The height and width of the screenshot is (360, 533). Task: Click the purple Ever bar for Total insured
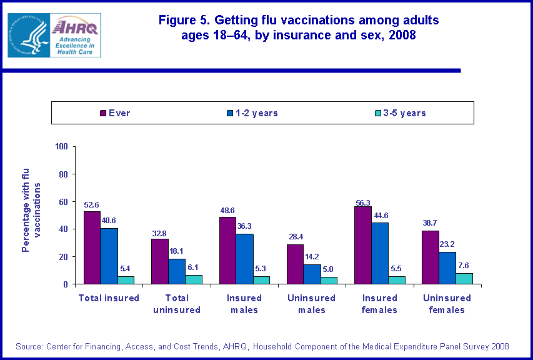pyautogui.click(x=92, y=247)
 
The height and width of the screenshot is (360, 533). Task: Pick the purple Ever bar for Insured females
pyautogui.click(x=363, y=245)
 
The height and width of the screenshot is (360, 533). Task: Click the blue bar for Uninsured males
pyautogui.click(x=312, y=274)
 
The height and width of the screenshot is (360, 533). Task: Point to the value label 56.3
pyautogui.click(x=363, y=201)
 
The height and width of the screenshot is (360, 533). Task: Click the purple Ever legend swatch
pyautogui.click(x=104, y=113)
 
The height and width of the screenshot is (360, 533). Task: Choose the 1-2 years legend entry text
pyautogui.click(x=257, y=113)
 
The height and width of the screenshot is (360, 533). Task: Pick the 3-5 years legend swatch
pyautogui.click(x=379, y=113)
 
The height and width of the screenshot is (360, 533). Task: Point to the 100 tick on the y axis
pyautogui.click(x=61, y=147)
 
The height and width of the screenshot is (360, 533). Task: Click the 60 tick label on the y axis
pyautogui.click(x=63, y=202)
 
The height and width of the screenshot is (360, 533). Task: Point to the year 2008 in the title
pyautogui.click(x=402, y=36)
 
